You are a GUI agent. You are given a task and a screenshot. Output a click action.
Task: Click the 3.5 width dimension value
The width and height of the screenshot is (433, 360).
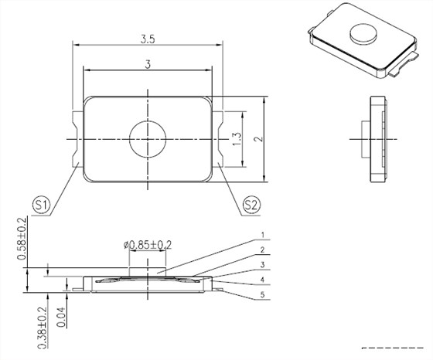pyautogui.click(x=148, y=39)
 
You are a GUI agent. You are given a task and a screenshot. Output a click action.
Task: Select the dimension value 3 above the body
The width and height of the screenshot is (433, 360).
pyautogui.click(x=148, y=65)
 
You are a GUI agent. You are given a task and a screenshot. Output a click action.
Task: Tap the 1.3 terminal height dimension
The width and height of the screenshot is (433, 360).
pyautogui.click(x=237, y=139)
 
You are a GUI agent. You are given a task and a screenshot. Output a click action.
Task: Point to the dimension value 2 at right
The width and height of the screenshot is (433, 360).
pyautogui.click(x=258, y=139)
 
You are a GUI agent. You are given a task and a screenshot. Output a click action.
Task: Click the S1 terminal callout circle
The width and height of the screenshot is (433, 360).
pyautogui.click(x=41, y=205)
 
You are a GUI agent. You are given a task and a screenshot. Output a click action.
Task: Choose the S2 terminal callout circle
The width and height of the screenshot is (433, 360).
pyautogui.click(x=251, y=205)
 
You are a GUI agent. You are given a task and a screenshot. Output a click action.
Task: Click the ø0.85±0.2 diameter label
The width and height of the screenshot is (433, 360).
pyautogui.click(x=148, y=245)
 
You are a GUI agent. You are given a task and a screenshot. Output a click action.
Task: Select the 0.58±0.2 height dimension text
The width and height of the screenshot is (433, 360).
pyautogui.click(x=22, y=239)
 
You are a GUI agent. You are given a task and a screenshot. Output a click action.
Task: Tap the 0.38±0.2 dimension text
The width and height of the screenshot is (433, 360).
pyautogui.click(x=42, y=328)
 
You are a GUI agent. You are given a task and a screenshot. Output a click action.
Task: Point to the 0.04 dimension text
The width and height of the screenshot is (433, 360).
pyautogui.click(x=61, y=317)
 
